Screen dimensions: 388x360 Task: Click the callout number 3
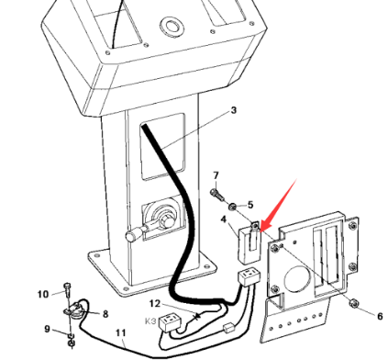tap(233, 110)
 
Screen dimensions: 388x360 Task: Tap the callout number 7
tap(216, 175)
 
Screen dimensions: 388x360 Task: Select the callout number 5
tap(250, 205)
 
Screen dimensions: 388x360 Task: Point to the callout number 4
tap(224, 219)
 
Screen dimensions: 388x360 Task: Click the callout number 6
tap(380, 316)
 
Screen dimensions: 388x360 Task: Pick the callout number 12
tap(155, 304)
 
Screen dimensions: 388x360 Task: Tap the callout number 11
tap(121, 332)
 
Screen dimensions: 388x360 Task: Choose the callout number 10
tap(43, 294)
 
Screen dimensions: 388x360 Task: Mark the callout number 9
tap(47, 329)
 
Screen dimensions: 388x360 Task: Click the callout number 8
tap(105, 314)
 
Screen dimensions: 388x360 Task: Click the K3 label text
tap(150, 321)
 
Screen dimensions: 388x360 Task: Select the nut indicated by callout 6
tap(354, 303)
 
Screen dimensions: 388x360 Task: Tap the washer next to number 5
tap(233, 206)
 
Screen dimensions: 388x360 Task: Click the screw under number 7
tap(216, 195)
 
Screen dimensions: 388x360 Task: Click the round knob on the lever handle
tap(130, 236)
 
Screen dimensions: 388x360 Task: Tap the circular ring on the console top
tap(172, 27)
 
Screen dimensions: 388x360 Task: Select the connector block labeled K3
tap(170, 322)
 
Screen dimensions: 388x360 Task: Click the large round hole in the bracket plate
tap(297, 278)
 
